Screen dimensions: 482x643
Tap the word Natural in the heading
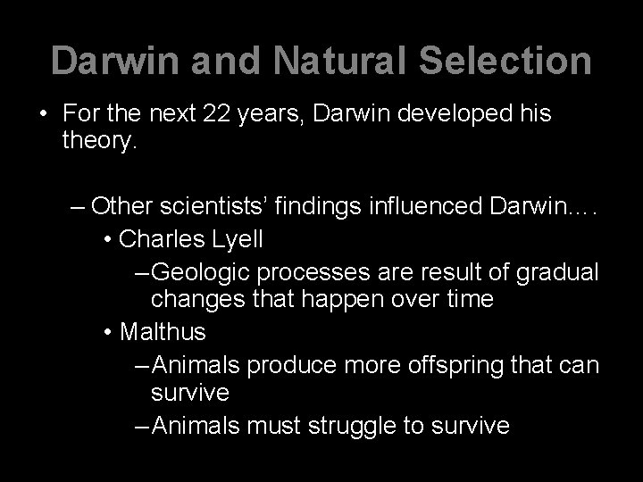316,61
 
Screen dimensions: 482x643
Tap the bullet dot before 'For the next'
43,115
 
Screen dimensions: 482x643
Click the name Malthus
163,332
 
